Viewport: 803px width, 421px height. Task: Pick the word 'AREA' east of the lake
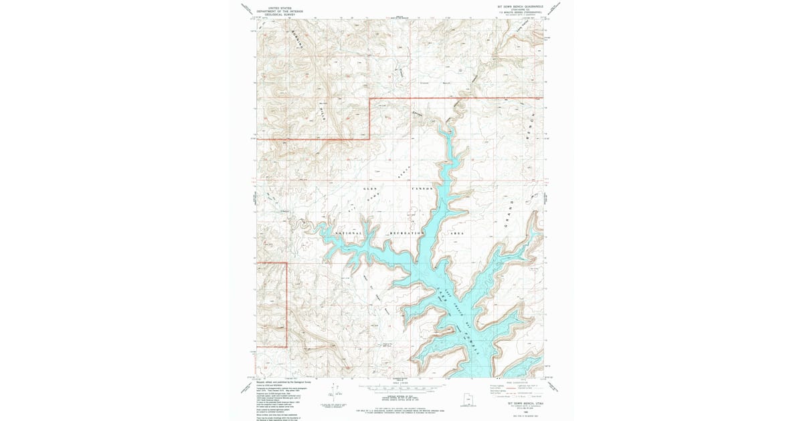[457, 233]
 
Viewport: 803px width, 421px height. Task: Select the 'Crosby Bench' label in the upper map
[435, 83]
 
